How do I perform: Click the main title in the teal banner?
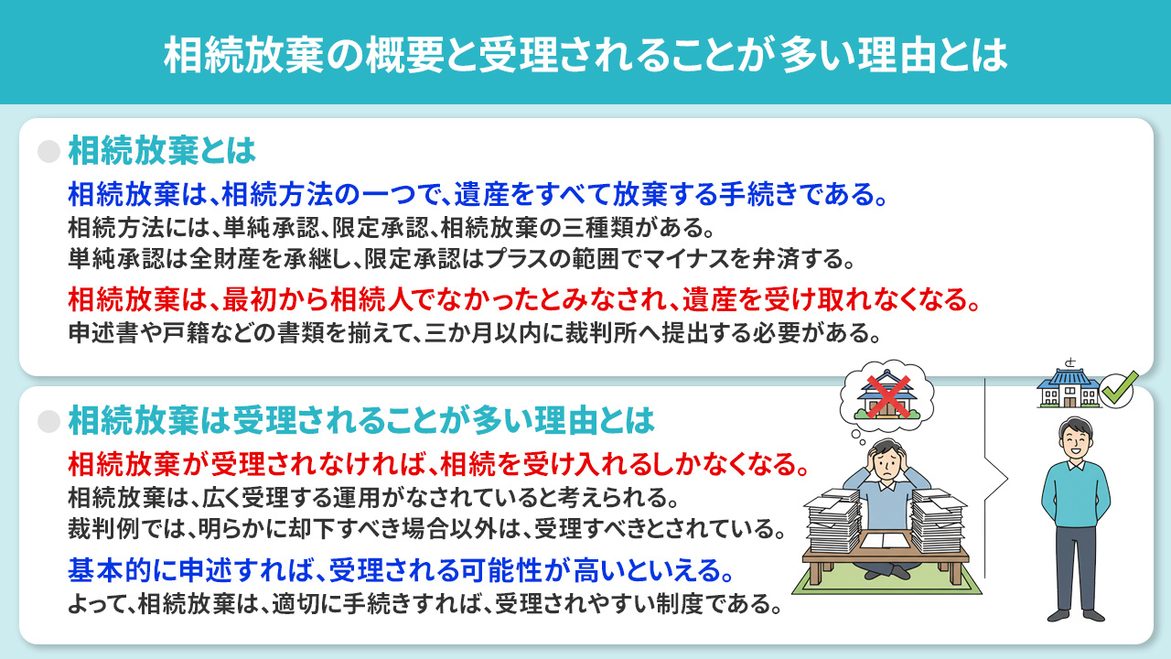pyautogui.click(x=585, y=54)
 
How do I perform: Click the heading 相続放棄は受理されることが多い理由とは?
pyautogui.click(x=361, y=421)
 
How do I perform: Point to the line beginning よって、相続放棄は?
pyautogui.click(x=425, y=605)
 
